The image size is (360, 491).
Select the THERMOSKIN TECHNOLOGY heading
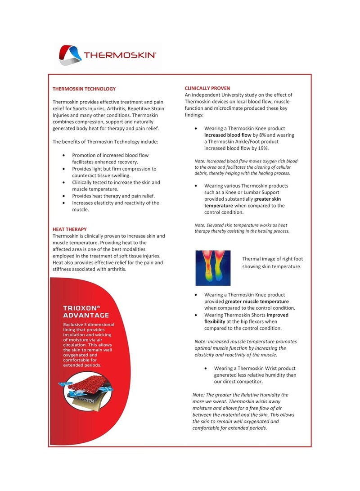point(84,89)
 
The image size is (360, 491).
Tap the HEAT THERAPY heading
point(70,229)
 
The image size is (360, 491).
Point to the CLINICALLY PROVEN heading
point(207,88)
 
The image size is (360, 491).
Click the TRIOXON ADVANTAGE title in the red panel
point(85,311)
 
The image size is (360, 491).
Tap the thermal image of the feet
point(213,268)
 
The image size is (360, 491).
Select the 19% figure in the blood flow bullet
point(263,149)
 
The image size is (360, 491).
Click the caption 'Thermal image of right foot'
point(273,259)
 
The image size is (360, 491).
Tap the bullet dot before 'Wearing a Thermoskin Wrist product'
point(205,369)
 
